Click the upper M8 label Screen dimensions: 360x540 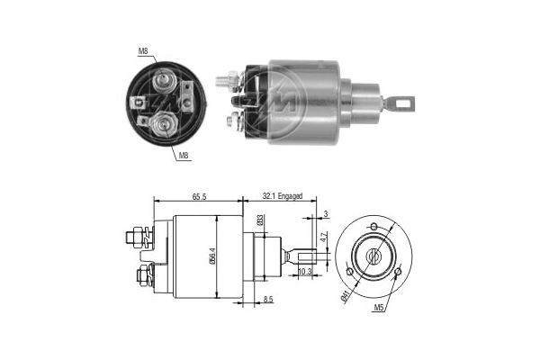click(143, 52)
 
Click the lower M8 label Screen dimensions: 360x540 click(183, 156)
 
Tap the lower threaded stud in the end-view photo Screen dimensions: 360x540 click(164, 121)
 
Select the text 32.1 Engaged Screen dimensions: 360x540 click(283, 195)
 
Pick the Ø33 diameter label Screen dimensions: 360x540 click(260, 220)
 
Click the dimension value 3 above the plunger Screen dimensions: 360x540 click(326, 213)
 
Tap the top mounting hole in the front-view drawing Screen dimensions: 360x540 click(376, 222)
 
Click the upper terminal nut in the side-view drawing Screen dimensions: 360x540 click(136, 238)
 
